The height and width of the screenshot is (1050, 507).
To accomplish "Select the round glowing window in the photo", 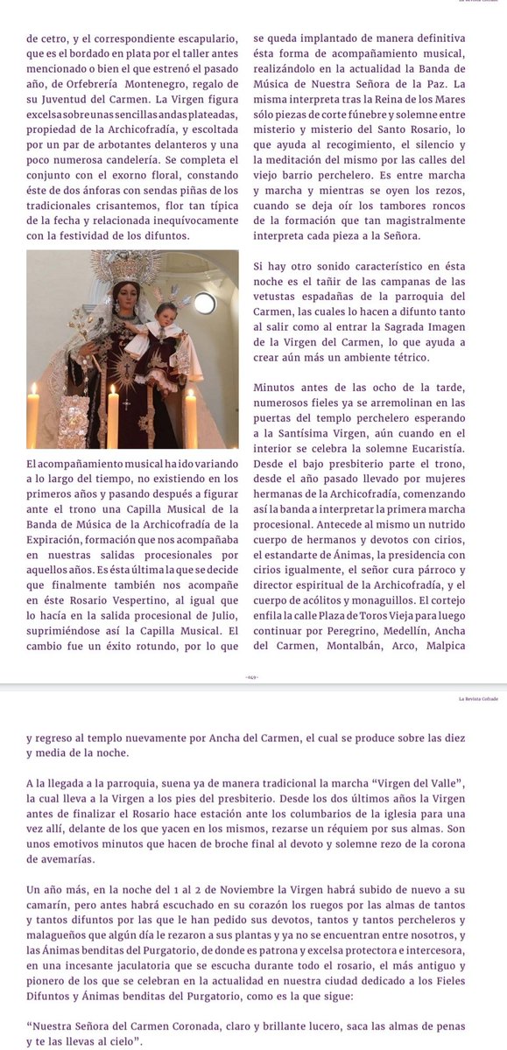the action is [x=204, y=303].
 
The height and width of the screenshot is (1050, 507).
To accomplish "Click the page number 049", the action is [x=253, y=677].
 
